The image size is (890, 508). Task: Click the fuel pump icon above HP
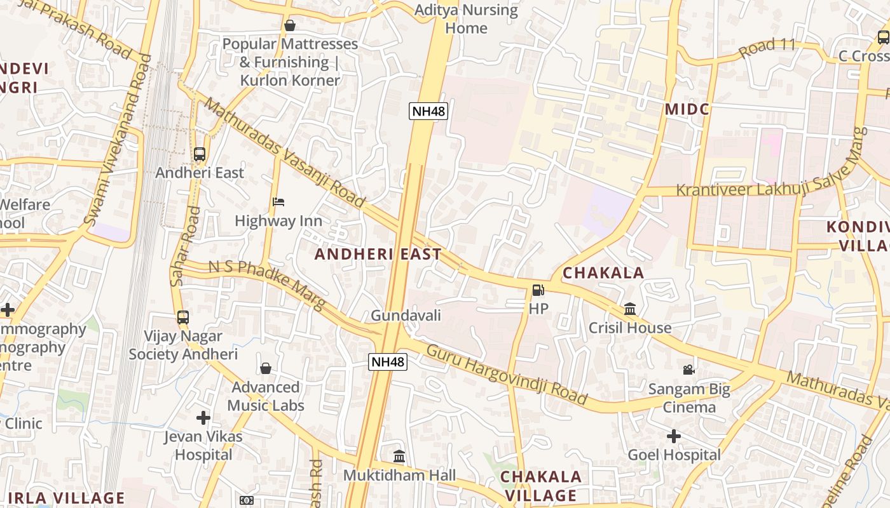tap(538, 290)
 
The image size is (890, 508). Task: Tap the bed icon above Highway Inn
tap(278, 202)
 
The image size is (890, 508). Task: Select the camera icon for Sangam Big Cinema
tap(688, 370)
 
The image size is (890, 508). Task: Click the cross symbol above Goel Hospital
tap(674, 436)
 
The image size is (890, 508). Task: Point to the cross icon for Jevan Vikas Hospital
tap(203, 418)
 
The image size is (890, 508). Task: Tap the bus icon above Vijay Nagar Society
tap(183, 317)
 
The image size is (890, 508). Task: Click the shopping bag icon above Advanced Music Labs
tap(266, 368)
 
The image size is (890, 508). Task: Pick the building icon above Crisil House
tap(630, 309)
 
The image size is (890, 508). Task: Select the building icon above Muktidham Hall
tap(399, 456)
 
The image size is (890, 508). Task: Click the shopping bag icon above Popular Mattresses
tap(290, 25)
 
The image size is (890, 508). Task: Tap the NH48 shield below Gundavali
tap(388, 362)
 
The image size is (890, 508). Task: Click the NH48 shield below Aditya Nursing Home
tap(428, 112)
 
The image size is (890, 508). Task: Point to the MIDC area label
tap(687, 109)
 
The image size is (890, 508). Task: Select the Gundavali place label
tap(406, 315)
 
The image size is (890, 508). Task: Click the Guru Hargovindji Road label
tap(507, 375)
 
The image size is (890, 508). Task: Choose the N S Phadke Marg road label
tap(267, 284)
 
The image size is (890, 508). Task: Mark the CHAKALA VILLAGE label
tap(540, 486)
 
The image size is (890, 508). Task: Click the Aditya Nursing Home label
tap(466, 19)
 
